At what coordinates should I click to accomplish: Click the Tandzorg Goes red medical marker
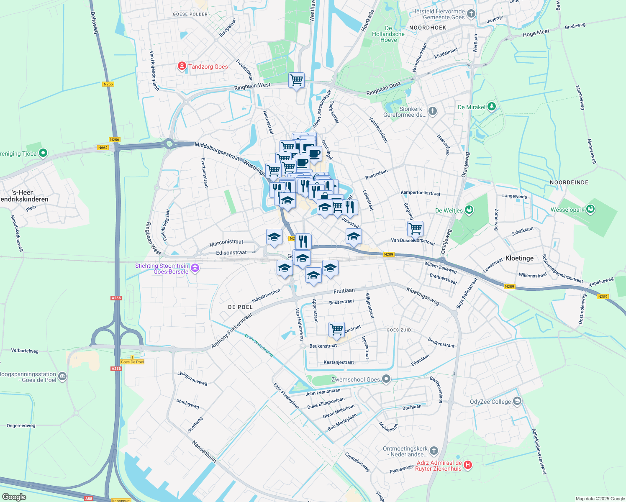[x=182, y=66]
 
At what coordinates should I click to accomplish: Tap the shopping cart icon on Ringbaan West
[x=296, y=80]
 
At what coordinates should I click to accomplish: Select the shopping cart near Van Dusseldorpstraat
[x=415, y=229]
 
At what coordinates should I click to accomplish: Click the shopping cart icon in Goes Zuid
[x=336, y=329]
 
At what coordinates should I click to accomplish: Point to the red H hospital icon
[x=468, y=464]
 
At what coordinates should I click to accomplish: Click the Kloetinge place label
[x=519, y=258]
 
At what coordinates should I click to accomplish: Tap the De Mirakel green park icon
[x=492, y=107]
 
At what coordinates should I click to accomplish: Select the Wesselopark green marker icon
[x=590, y=209]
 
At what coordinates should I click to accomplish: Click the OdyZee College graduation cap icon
[x=517, y=401]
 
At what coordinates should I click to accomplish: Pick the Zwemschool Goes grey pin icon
[x=386, y=379]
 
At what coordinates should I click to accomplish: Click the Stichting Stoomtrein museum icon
[x=195, y=268]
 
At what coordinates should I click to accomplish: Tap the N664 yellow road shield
[x=103, y=148]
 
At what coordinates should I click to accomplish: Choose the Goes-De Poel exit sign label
[x=132, y=362]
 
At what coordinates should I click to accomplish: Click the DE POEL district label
[x=240, y=307]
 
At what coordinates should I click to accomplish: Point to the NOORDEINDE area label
[x=569, y=182]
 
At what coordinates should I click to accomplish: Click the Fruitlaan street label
[x=344, y=291]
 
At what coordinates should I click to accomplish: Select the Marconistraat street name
[x=226, y=242]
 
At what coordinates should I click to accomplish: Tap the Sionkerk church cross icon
[x=433, y=111]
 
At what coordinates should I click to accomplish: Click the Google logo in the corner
[x=14, y=497]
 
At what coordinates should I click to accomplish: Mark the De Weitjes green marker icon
[x=469, y=210]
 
